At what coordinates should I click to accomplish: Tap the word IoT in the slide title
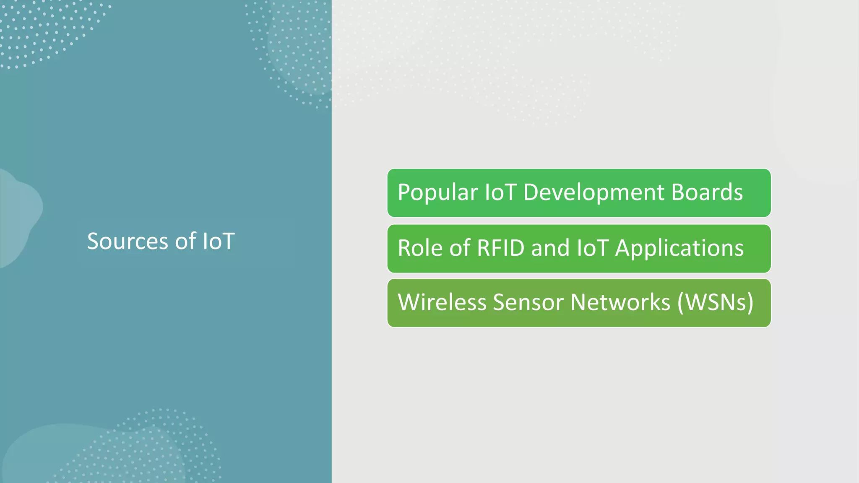coord(219,241)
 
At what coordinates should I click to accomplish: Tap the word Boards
coord(707,192)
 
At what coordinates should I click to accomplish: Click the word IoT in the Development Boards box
coord(500,192)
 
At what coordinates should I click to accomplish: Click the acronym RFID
coord(500,248)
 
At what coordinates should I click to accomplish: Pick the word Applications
coord(679,248)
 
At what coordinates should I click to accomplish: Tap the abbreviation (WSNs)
coord(715,302)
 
